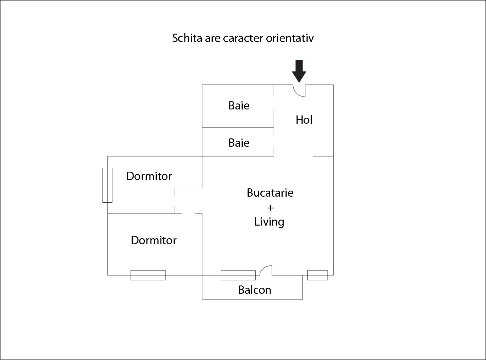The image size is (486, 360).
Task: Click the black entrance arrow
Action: [x=299, y=71]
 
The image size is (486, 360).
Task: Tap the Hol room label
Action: [x=304, y=120]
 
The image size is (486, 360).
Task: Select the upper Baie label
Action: [x=239, y=105]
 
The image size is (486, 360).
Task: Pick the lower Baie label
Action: [x=239, y=143]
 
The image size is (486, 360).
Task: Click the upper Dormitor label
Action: [x=149, y=176]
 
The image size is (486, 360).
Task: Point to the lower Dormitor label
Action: [x=153, y=240]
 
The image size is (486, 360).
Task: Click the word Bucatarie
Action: [x=270, y=193]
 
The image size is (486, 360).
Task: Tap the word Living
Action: [x=269, y=222]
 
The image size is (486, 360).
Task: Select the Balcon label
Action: [x=255, y=290]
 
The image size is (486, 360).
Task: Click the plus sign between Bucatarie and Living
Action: [x=270, y=208]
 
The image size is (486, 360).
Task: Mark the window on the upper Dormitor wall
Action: [x=108, y=185]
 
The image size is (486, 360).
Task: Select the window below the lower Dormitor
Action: [x=148, y=275]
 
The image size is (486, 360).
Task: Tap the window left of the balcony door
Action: [x=238, y=275]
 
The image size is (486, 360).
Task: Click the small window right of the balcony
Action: [x=318, y=275]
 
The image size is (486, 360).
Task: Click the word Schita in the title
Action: [x=187, y=38]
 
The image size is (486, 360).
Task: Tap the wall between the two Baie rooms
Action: [x=238, y=127]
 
